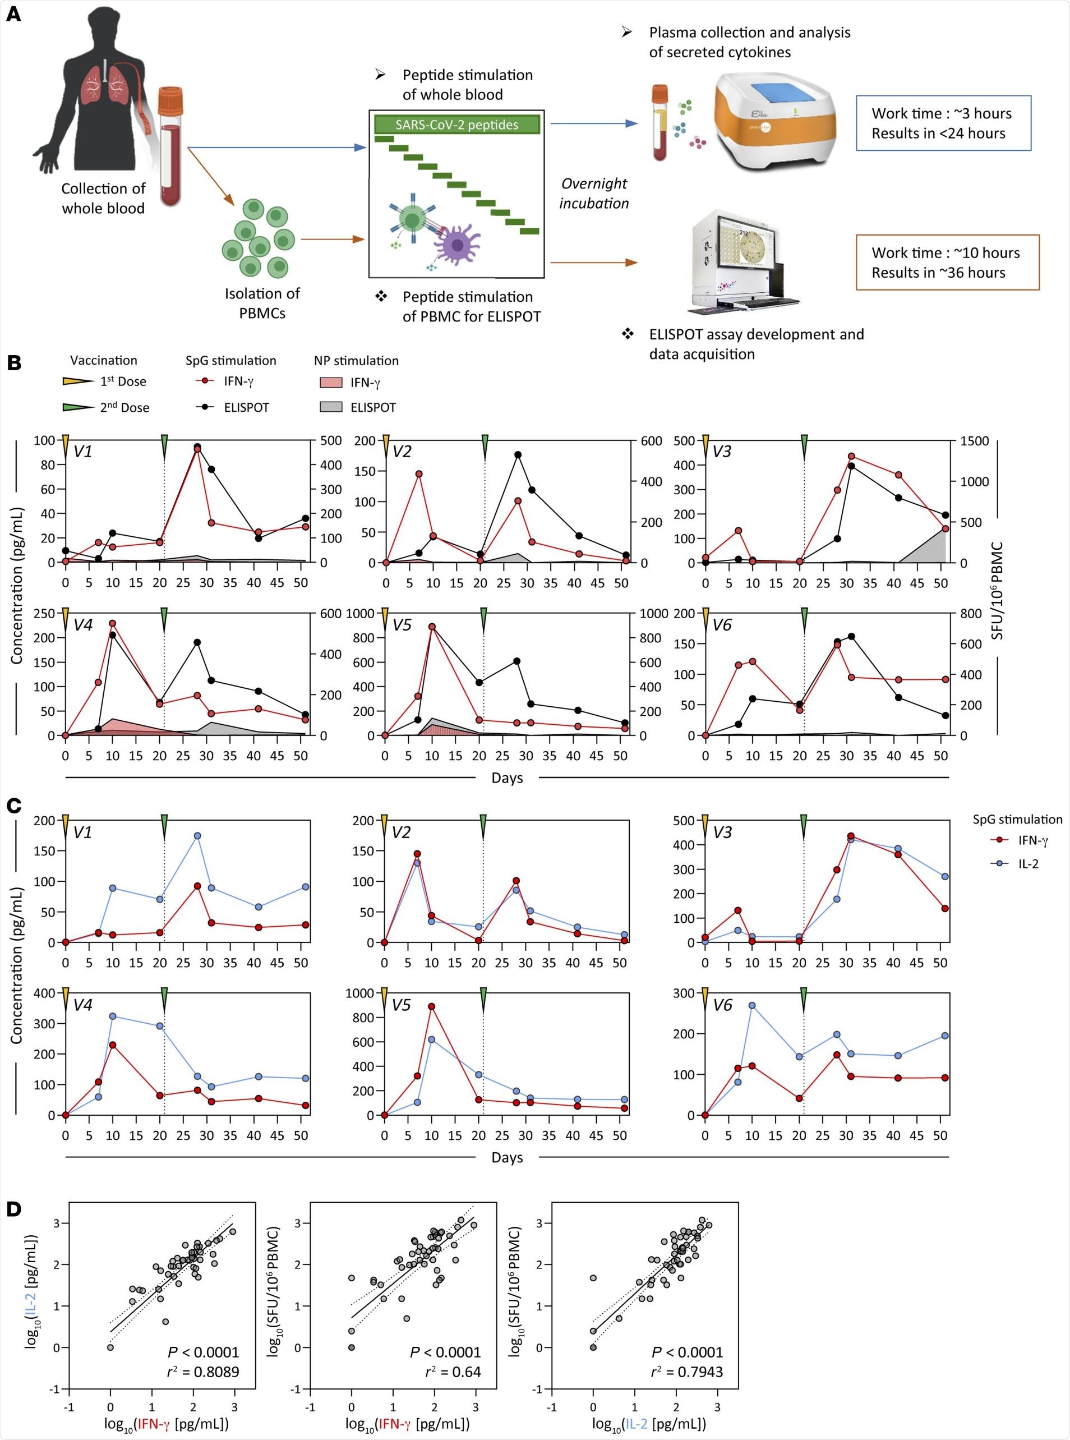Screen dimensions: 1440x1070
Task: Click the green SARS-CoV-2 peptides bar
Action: (x=456, y=125)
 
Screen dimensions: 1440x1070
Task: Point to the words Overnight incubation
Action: (x=594, y=193)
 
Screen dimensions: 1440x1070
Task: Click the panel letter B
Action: (x=13, y=363)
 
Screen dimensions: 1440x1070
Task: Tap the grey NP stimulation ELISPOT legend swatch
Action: (x=331, y=407)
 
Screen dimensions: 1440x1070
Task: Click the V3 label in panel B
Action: (x=722, y=452)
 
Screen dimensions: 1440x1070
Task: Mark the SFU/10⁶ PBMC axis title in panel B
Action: (x=998, y=591)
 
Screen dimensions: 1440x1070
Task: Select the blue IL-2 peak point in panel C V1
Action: (x=197, y=836)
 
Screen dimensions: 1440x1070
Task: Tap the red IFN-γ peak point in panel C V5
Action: (x=431, y=1006)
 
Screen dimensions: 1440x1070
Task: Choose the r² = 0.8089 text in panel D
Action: (x=204, y=1372)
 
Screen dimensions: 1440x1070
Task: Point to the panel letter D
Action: (x=13, y=1209)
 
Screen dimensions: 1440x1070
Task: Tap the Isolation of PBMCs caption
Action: (x=262, y=303)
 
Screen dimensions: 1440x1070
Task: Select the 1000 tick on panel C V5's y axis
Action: (x=359, y=993)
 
